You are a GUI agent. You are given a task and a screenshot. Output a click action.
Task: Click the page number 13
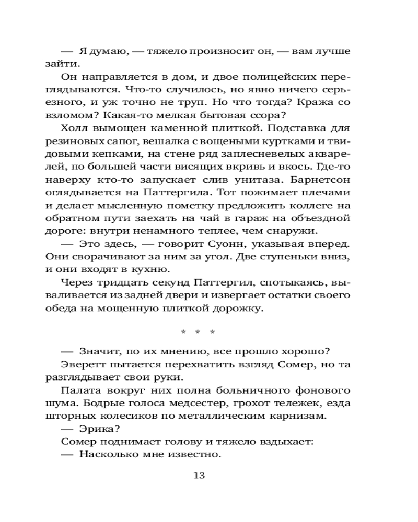pyautogui.click(x=199, y=475)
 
